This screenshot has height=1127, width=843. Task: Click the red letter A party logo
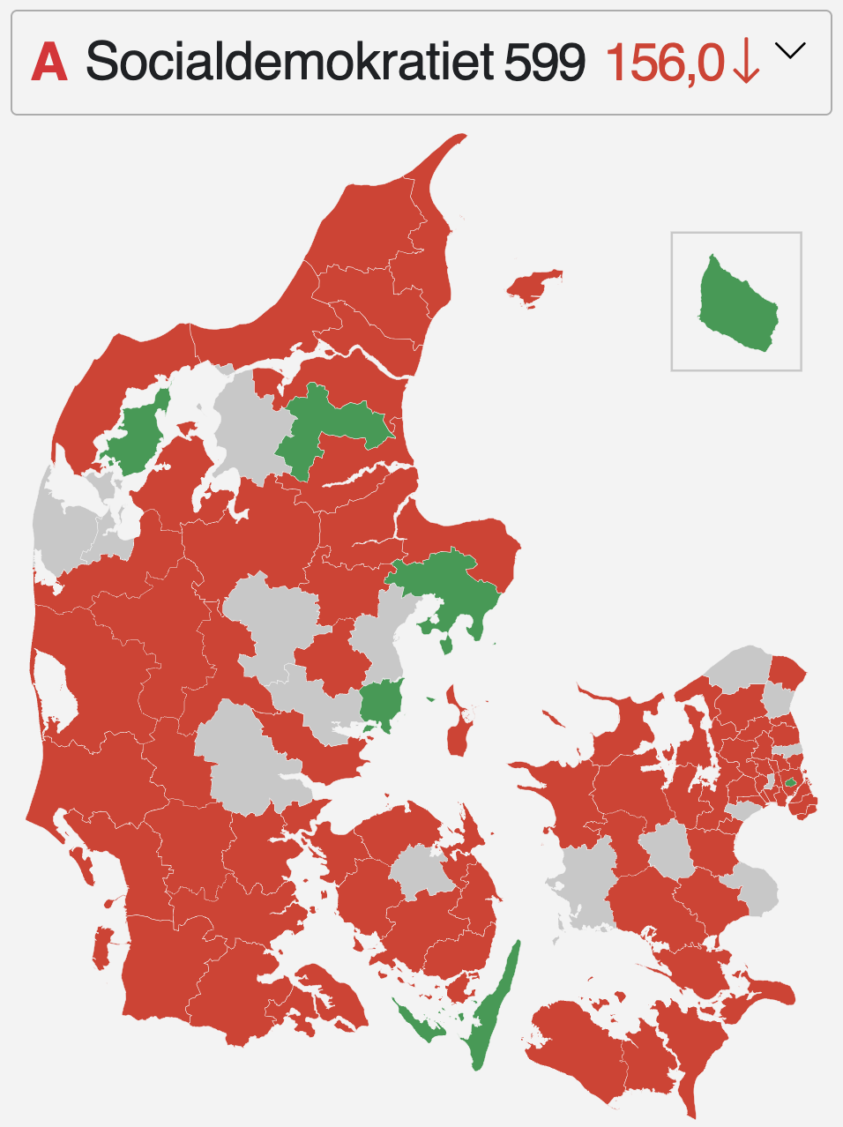[x=49, y=63]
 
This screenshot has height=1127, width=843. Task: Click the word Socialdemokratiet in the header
[x=290, y=63]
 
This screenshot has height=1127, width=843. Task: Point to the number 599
[x=545, y=63]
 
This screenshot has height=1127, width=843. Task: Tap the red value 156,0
[x=665, y=63]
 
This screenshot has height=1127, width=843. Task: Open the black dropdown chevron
[x=790, y=51]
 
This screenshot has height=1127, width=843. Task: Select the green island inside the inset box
[x=739, y=304]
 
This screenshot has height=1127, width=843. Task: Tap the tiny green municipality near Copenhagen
[x=791, y=781]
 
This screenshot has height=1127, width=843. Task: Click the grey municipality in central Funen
[x=421, y=870]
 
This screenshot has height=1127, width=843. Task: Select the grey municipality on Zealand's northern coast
[x=739, y=668]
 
